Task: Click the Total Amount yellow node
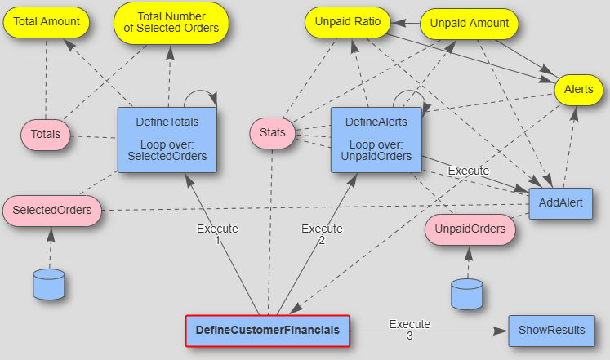[x=47, y=22]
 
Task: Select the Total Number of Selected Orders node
[x=171, y=22]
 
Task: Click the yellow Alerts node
[x=578, y=89]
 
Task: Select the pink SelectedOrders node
[x=51, y=211]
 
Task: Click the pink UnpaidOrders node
[x=470, y=229]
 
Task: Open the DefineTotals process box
[x=167, y=139]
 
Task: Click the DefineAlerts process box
[x=376, y=139]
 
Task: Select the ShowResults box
[x=551, y=331]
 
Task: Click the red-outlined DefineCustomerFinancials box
[x=267, y=331]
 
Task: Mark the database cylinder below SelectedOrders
[x=48, y=283]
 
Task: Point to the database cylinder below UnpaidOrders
[x=467, y=294]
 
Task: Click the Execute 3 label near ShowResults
[x=409, y=330]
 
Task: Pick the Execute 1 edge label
[x=217, y=234]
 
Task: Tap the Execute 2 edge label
[x=322, y=234]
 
